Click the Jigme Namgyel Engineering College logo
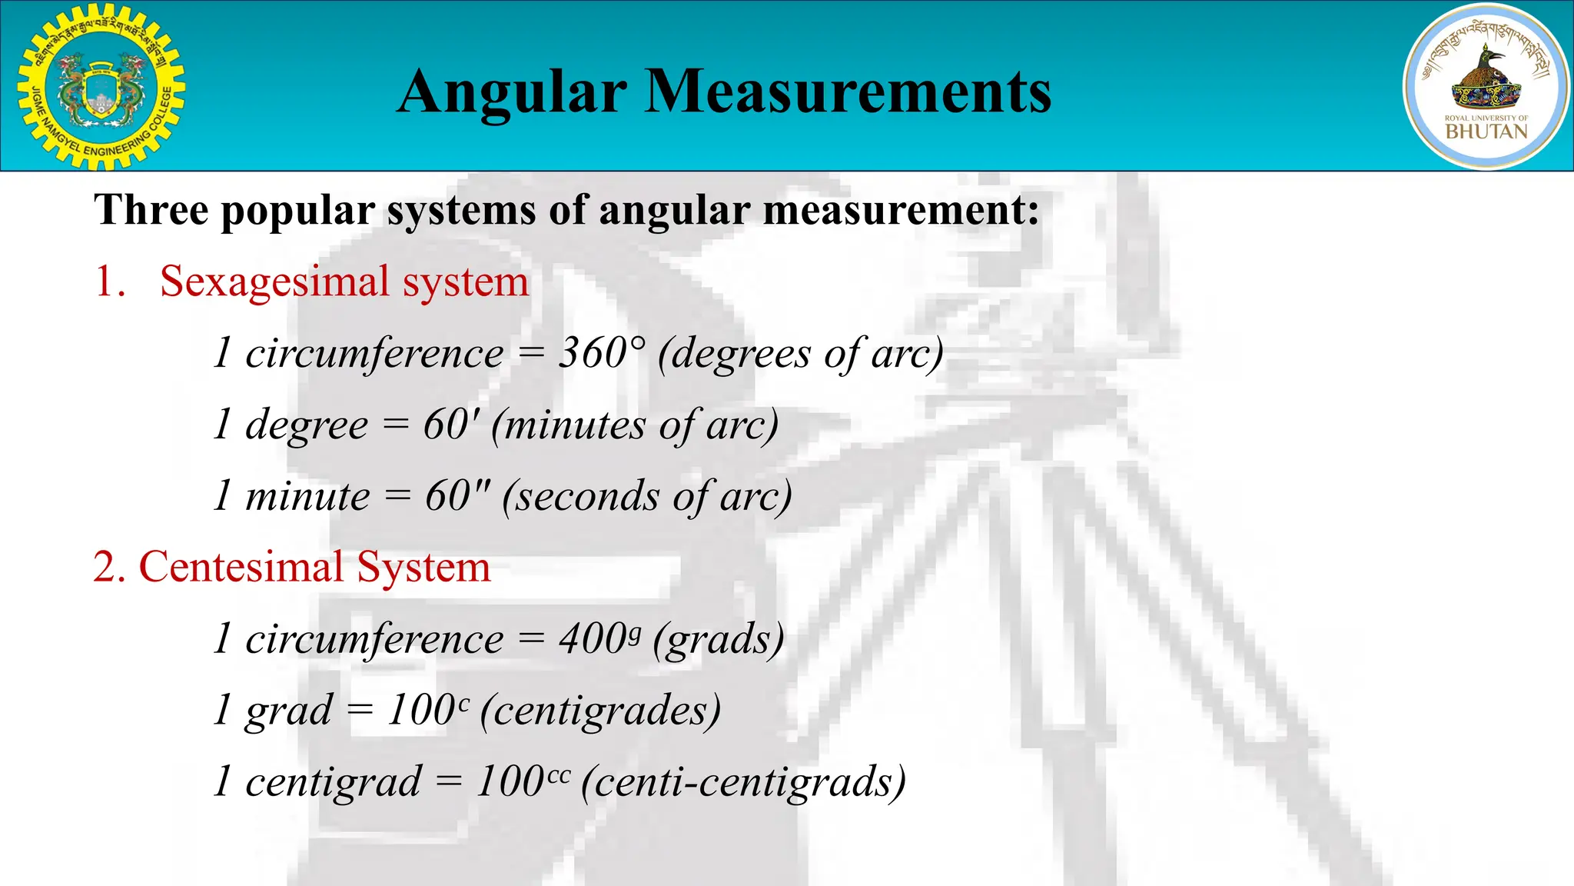(x=100, y=86)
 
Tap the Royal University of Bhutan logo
(x=1486, y=86)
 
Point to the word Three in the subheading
(x=151, y=209)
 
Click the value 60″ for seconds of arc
(x=458, y=496)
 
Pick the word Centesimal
(x=241, y=568)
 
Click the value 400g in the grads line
(x=599, y=639)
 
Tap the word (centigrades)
(x=601, y=711)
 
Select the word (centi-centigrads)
(x=744, y=782)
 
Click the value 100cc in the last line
(x=523, y=782)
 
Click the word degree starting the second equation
(x=307, y=426)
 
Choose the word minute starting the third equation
(x=307, y=496)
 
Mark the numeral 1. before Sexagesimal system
(x=110, y=281)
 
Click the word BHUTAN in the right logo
(x=1486, y=132)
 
